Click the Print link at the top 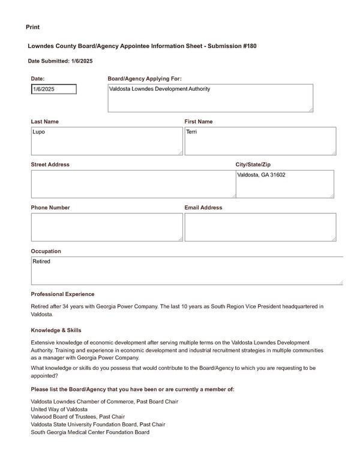tap(33, 27)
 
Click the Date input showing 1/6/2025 tap(54, 89)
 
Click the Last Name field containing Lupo tap(106, 141)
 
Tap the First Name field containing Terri tap(260, 141)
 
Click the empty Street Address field tap(133, 184)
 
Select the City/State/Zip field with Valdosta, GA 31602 tap(284, 184)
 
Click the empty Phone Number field tap(106, 227)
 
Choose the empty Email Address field tap(260, 227)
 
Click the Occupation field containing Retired tap(186, 271)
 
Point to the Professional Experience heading tap(62, 294)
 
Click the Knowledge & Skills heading tap(56, 330)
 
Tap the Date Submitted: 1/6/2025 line tap(60, 61)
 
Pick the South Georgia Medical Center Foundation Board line tap(90, 432)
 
